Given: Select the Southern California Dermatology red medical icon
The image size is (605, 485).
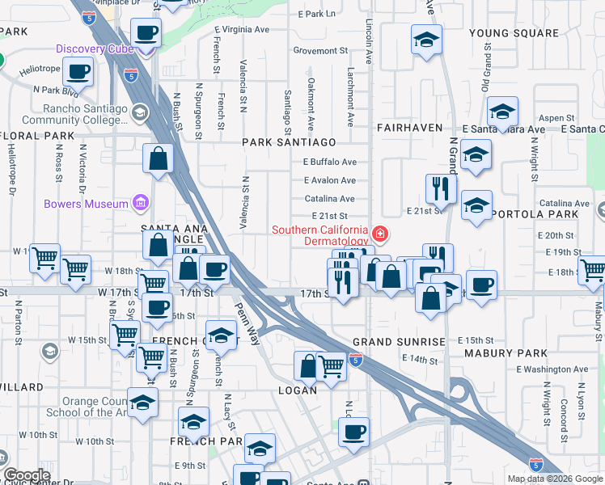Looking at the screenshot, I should [x=379, y=235].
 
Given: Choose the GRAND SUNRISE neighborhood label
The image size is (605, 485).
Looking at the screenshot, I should [x=399, y=342].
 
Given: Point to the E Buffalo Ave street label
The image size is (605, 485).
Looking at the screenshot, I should [x=329, y=162].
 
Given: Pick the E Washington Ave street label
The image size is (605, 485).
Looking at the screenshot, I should [x=553, y=369].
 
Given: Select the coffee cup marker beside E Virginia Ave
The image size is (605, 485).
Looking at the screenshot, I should [x=146, y=33].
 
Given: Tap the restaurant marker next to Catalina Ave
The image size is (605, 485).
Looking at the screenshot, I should [x=441, y=189].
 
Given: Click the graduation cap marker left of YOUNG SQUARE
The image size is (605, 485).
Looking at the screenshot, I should [x=426, y=40].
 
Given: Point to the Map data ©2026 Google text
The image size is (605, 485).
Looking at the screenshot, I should [x=555, y=479].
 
